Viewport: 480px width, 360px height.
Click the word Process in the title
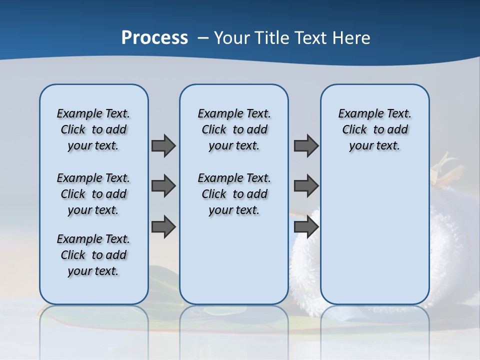[154, 38]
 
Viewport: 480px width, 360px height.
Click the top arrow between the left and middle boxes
[163, 145]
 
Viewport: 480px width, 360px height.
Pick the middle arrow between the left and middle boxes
[163, 186]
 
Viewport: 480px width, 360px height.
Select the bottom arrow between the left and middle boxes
[163, 226]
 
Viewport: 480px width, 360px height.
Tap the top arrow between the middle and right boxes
[306, 145]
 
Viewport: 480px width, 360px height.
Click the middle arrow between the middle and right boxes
[306, 186]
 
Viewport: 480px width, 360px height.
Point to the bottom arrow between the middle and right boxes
[306, 226]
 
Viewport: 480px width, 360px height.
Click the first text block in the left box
[93, 129]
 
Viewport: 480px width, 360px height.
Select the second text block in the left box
[93, 194]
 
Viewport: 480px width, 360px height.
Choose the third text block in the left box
[93, 255]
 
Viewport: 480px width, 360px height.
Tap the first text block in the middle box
[234, 129]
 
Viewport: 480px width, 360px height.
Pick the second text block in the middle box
[234, 194]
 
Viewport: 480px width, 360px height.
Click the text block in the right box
[375, 129]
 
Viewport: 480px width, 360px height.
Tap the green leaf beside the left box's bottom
[160, 275]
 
